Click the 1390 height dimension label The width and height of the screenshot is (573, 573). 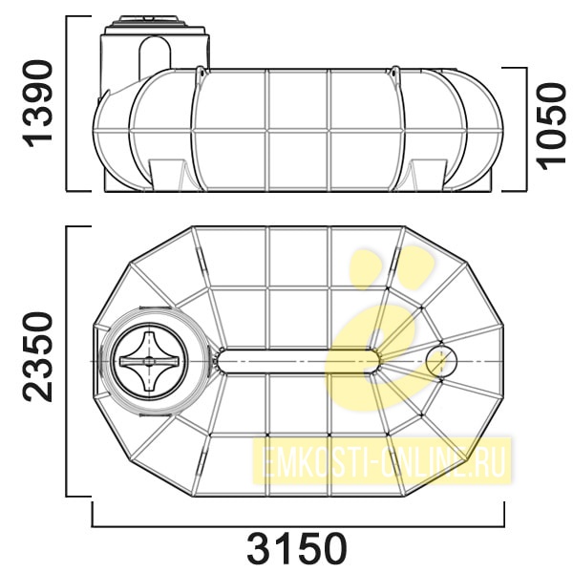coord(37,104)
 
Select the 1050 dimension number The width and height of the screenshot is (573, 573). coord(551,127)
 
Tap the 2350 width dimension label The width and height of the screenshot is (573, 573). coord(37,356)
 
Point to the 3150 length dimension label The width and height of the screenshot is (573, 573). coord(297,549)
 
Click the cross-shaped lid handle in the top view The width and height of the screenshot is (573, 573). coord(149,361)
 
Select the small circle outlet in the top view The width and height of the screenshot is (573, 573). coord(441,361)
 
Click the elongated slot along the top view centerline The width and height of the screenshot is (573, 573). coord(297,361)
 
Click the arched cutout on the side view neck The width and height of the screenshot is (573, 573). coord(156,57)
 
